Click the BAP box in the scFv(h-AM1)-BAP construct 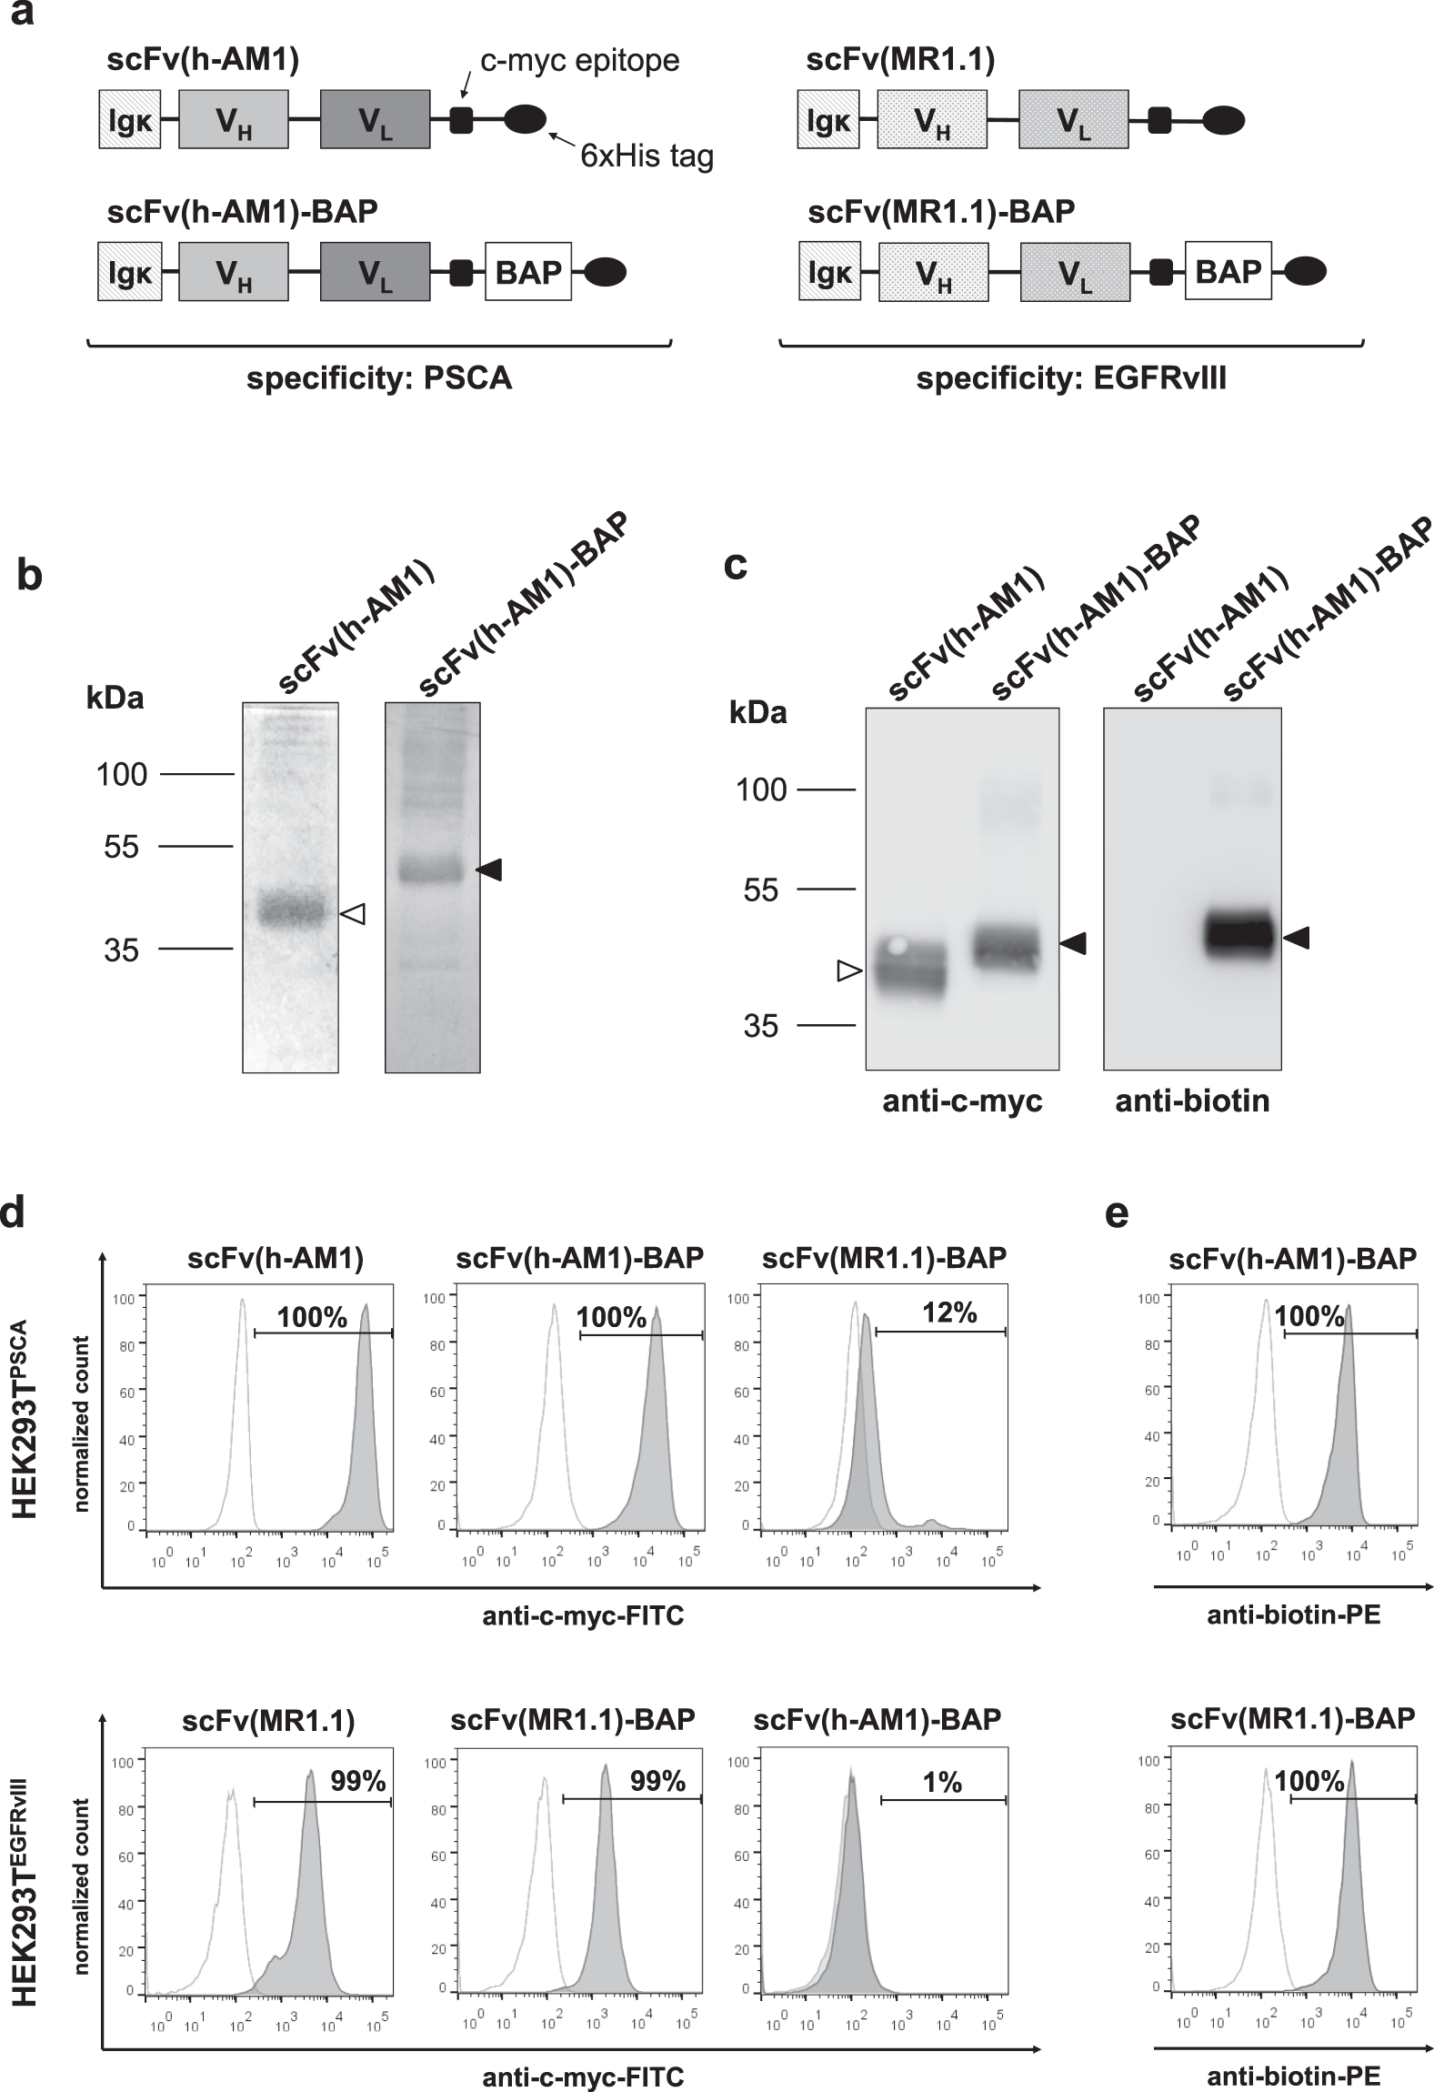coord(528,272)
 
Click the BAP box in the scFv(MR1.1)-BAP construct coord(1228,272)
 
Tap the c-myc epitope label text coord(579,62)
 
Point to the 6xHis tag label coord(647,156)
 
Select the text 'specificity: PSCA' coord(379,378)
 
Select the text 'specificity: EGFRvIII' coord(1071,378)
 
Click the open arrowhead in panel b coord(353,914)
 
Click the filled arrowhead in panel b coord(489,870)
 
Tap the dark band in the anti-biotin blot coord(1238,935)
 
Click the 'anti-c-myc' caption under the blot coord(962,1101)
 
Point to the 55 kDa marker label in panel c coord(761,890)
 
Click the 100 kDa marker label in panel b coord(122,775)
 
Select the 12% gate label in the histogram coord(949,1313)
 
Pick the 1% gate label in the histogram coord(942,1783)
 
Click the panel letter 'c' coord(735,565)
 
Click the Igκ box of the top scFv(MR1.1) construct coord(829,119)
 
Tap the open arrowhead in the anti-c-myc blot coord(847,972)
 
